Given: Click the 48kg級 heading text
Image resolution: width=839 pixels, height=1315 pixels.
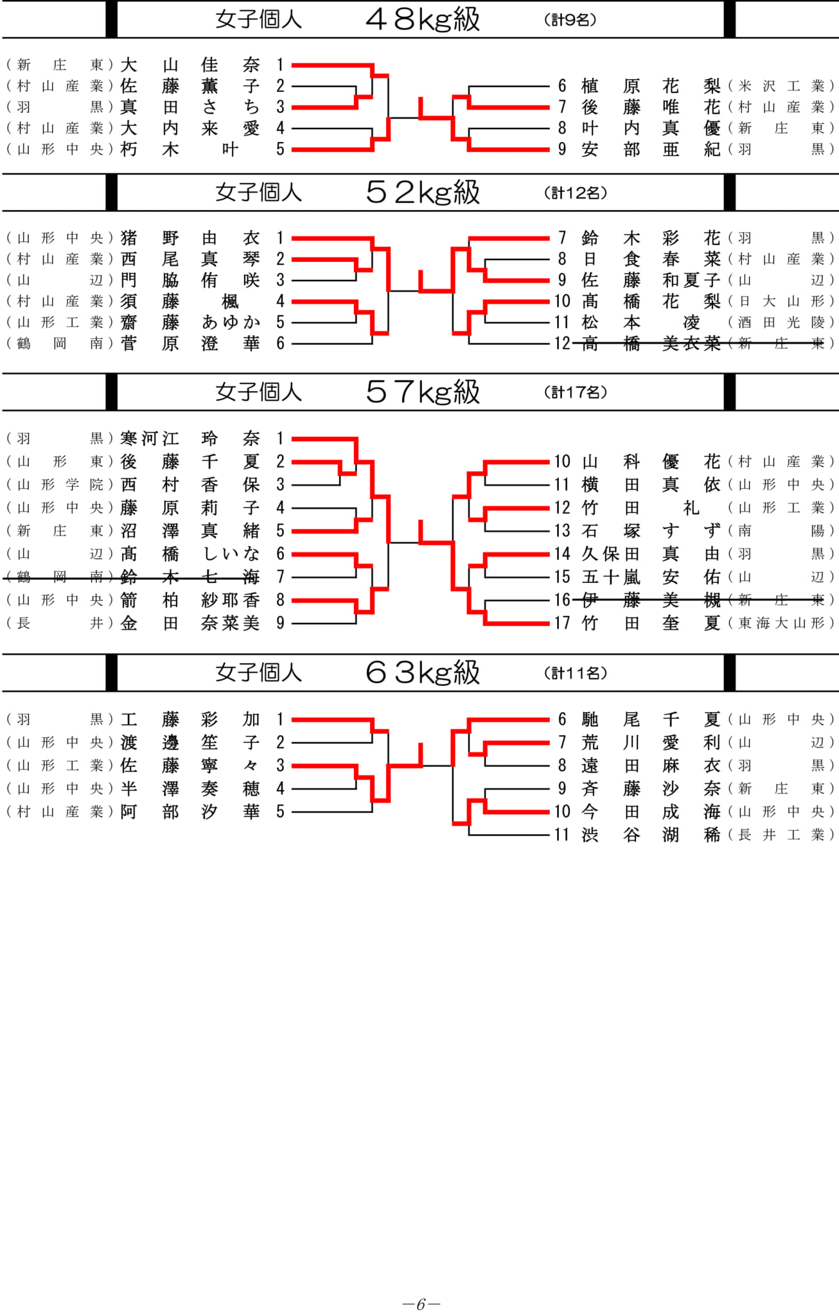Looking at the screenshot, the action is pyautogui.click(x=423, y=19).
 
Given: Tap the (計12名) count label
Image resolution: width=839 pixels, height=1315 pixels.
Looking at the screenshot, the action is pyautogui.click(x=575, y=193).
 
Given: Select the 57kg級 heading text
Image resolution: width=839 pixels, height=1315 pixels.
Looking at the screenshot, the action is pyautogui.click(x=423, y=392).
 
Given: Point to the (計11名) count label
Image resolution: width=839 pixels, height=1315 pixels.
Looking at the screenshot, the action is pyautogui.click(x=575, y=673).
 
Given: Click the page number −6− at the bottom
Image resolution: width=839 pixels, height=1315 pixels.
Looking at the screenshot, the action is pyautogui.click(x=421, y=1304).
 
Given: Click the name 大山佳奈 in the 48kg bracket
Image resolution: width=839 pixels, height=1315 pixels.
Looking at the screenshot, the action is pyautogui.click(x=190, y=65).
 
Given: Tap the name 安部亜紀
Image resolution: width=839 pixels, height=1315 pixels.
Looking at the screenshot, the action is pyautogui.click(x=651, y=150).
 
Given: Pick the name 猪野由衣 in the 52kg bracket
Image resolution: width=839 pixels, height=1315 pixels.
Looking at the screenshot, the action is pyautogui.click(x=190, y=238).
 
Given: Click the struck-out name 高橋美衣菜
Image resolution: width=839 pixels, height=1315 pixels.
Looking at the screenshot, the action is pyautogui.click(x=651, y=344).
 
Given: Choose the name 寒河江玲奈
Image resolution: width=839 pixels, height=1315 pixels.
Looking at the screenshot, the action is pyautogui.click(x=190, y=439).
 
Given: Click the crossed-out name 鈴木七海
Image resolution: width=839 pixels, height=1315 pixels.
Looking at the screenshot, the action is pyautogui.click(x=190, y=577).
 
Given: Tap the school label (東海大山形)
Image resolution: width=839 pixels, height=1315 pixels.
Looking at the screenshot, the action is pyautogui.click(x=781, y=623).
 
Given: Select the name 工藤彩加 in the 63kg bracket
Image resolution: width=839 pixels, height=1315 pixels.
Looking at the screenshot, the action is pyautogui.click(x=190, y=720).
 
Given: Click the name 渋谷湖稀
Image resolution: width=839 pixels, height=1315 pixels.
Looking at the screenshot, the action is pyautogui.click(x=651, y=835).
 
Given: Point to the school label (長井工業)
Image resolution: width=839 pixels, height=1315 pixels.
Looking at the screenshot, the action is pyautogui.click(x=781, y=835).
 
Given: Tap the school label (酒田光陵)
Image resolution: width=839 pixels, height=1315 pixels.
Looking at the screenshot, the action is pyautogui.click(x=781, y=322).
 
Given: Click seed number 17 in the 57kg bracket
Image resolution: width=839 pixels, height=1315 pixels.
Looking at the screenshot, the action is pyautogui.click(x=562, y=623).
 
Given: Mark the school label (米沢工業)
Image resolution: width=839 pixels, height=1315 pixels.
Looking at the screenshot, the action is pyautogui.click(x=781, y=86).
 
